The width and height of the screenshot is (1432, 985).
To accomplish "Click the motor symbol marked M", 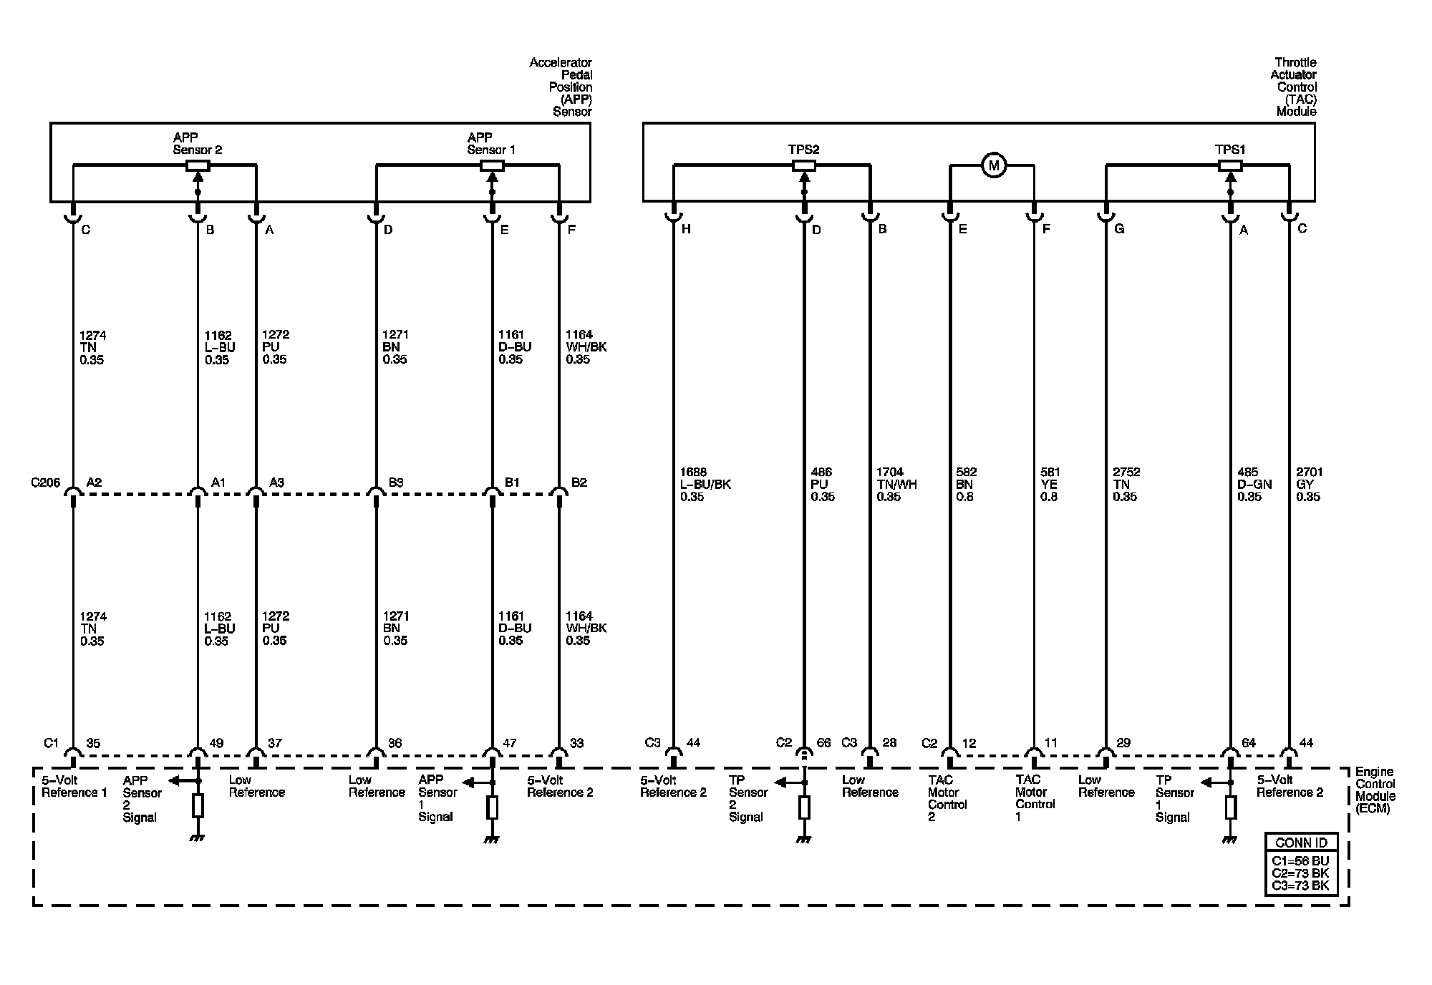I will [x=993, y=166].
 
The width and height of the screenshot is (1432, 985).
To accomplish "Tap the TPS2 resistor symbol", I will [x=804, y=166].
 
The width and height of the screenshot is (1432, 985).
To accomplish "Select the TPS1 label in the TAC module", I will [x=1230, y=150].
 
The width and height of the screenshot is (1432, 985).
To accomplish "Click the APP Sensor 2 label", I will [x=198, y=144].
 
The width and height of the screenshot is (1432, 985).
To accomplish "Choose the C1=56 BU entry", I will [x=1300, y=861].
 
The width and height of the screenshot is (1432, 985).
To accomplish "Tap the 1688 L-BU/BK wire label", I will [x=705, y=485].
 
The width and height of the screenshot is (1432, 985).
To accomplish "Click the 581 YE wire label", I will [x=1050, y=485].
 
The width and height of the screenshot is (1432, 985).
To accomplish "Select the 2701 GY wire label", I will [x=1309, y=485].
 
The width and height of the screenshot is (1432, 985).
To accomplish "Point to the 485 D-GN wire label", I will [x=1254, y=485].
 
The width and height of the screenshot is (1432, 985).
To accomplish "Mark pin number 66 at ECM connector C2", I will [x=823, y=743].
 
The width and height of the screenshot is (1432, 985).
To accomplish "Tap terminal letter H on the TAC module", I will [x=687, y=229].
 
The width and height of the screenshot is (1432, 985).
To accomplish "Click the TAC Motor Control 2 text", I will [x=947, y=798].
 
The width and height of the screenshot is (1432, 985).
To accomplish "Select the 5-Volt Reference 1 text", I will [x=74, y=786].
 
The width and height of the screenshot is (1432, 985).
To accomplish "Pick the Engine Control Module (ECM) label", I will [x=1375, y=790].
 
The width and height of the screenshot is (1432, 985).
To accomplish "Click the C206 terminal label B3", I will [x=396, y=482].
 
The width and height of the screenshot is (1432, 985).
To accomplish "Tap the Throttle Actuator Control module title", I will [x=1295, y=87].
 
